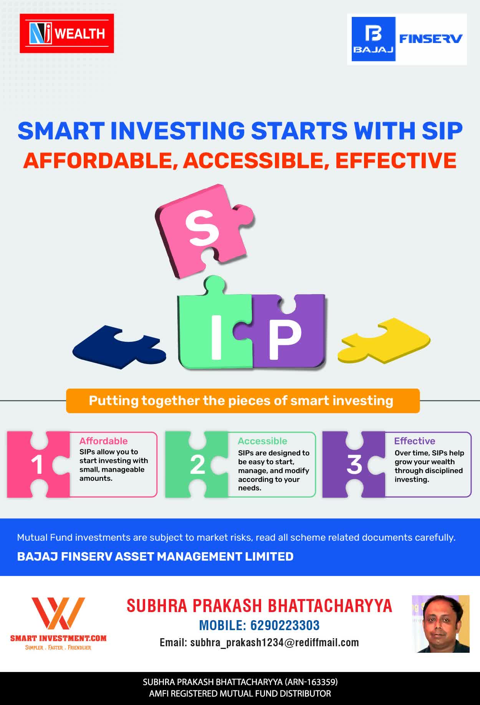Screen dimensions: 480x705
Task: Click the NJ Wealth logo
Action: click(67, 33)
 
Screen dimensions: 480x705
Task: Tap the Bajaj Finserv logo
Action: click(407, 39)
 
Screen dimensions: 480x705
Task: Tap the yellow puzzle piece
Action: click(384, 340)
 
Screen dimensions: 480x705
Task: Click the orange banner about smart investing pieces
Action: click(243, 401)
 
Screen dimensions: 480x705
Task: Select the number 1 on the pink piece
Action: click(37, 465)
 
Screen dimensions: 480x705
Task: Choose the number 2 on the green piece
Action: click(197, 465)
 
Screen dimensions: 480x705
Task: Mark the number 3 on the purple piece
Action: click(354, 465)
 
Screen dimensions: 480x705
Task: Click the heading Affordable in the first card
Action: click(104, 441)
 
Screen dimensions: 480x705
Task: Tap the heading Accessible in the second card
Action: click(263, 441)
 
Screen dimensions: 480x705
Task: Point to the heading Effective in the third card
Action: click(415, 441)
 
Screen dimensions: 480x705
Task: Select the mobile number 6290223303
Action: click(285, 626)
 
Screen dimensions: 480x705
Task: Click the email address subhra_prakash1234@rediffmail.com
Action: click(275, 643)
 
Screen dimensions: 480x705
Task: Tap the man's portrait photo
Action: click(441, 624)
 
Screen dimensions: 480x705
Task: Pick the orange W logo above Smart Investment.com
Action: click(58, 613)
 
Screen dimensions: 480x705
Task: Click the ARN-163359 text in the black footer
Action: click(311, 682)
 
